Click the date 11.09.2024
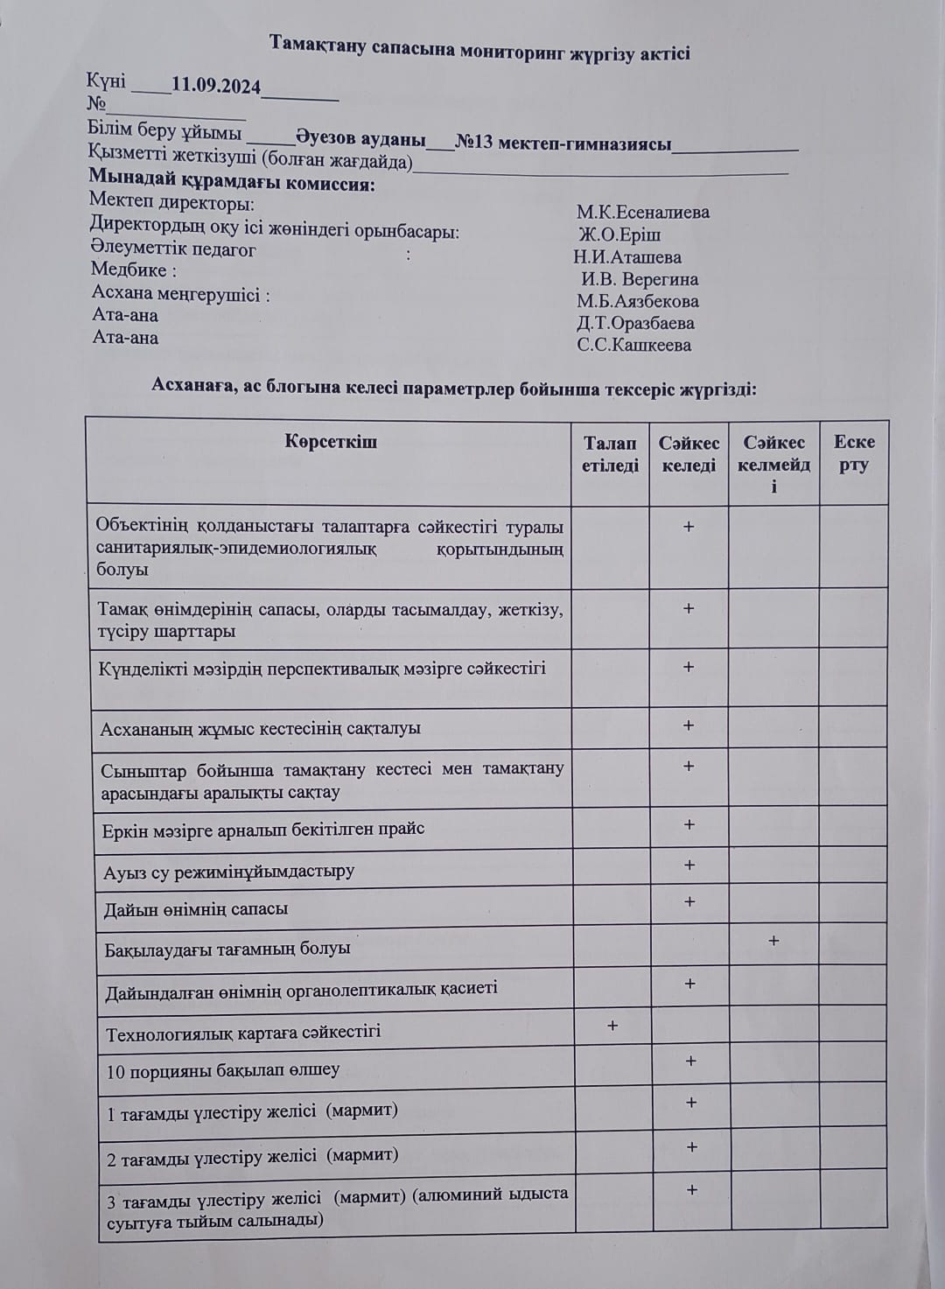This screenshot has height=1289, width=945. tap(216, 86)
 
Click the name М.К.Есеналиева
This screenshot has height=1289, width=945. tap(643, 213)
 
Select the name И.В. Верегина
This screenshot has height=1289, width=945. tap(640, 280)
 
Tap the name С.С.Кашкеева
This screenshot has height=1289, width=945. tap(634, 345)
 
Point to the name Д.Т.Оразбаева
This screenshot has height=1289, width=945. tap(636, 323)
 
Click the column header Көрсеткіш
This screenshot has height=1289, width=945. tap(331, 442)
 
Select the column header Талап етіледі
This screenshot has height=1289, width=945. tap(610, 454)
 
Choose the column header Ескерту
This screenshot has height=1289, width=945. tap(854, 453)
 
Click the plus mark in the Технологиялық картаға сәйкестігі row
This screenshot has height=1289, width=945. tap(612, 1025)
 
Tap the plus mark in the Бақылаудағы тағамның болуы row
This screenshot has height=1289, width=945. tap(773, 941)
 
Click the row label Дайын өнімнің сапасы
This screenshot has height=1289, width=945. tap(196, 909)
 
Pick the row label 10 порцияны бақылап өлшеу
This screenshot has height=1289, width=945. tap(223, 1070)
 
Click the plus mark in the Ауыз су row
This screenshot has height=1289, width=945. tap(689, 865)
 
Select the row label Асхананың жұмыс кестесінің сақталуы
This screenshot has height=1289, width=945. tap(261, 728)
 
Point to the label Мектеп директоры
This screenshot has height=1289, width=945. tap(172, 203)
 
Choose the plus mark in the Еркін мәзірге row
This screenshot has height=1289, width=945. tap(689, 824)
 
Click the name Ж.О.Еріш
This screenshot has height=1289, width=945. tap(620, 235)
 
